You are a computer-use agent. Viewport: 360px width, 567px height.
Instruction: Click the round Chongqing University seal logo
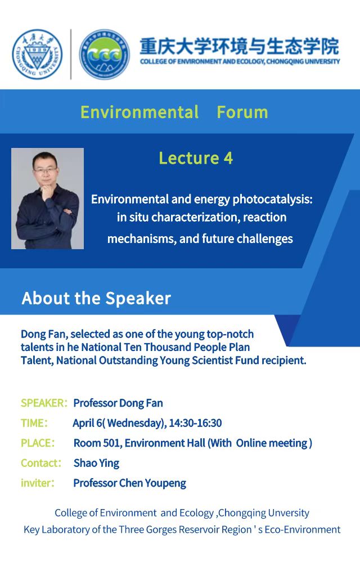(x=38, y=54)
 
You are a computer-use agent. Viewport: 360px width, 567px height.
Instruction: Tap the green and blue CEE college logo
(x=105, y=54)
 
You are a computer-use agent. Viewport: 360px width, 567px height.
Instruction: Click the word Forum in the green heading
(x=242, y=112)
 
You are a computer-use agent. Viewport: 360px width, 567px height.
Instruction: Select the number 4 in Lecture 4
(x=228, y=159)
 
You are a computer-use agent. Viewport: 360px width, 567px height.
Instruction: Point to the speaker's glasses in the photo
(x=45, y=170)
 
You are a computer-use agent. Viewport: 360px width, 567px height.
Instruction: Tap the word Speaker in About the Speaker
(x=138, y=299)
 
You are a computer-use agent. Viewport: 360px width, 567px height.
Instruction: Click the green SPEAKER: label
(x=44, y=403)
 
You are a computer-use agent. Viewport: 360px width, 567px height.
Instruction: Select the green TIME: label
(x=34, y=423)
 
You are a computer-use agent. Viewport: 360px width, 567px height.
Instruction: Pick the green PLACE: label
(x=38, y=443)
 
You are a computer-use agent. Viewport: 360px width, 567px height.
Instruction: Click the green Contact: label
(x=41, y=463)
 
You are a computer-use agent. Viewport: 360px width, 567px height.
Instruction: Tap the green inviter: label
(x=38, y=483)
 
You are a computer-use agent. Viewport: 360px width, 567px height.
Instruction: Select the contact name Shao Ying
(x=96, y=463)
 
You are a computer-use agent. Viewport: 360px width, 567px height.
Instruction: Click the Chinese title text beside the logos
(x=240, y=46)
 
